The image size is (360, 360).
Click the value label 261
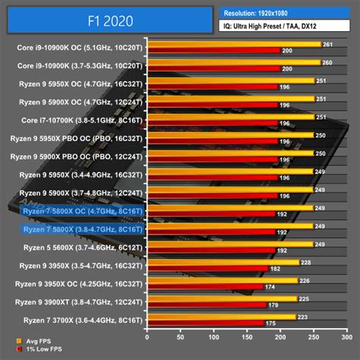coord(327,44)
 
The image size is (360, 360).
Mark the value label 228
coord(305,262)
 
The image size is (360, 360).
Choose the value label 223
coord(302,317)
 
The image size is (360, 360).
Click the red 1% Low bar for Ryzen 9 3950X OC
coord(205,287)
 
